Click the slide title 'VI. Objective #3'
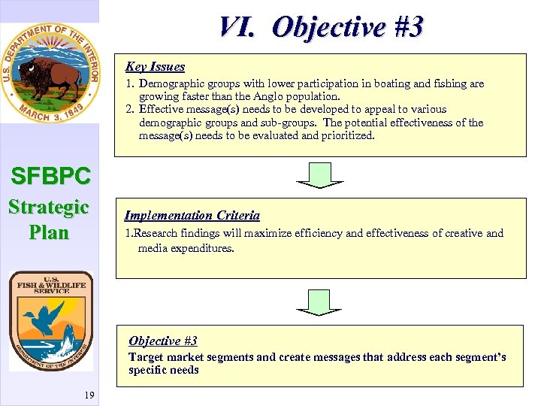click(x=321, y=27)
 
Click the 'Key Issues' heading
click(x=155, y=67)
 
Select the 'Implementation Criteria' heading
click(x=192, y=216)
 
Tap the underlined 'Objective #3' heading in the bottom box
click(x=162, y=341)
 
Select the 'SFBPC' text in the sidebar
click(x=50, y=177)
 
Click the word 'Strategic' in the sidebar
click(x=49, y=207)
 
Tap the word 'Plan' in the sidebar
click(x=49, y=232)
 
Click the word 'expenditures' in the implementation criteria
click(x=202, y=247)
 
